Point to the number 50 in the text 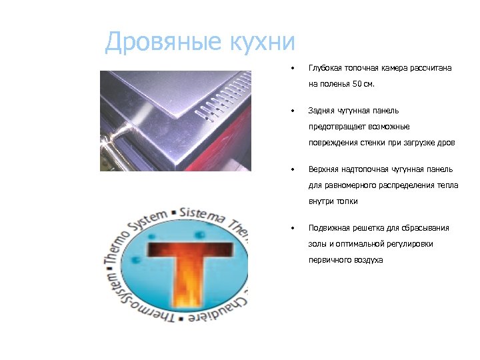pos(358,85)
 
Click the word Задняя pos(321,110)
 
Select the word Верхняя pos(323,169)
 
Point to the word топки pos(346,201)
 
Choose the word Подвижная pos(327,227)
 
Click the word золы pos(317,244)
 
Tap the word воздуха pos(368,260)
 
